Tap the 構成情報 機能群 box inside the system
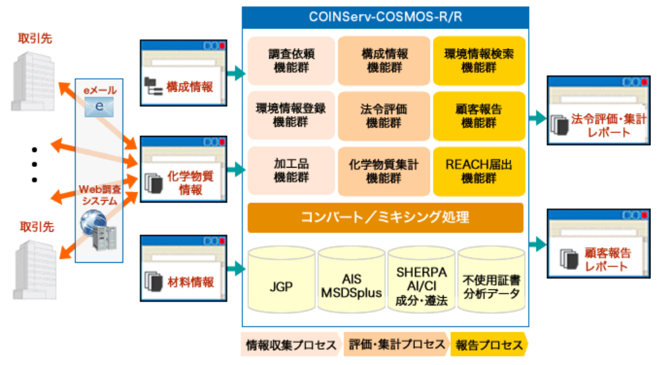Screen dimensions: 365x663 click(x=385, y=61)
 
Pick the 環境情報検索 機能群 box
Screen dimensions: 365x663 click(x=478, y=61)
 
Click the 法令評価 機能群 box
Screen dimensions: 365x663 click(x=385, y=116)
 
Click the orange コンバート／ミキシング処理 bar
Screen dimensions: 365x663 click(x=385, y=217)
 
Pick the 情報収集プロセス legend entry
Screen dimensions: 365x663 click(x=290, y=345)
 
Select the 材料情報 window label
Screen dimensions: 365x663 click(x=189, y=282)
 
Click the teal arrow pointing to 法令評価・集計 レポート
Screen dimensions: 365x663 click(x=537, y=118)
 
